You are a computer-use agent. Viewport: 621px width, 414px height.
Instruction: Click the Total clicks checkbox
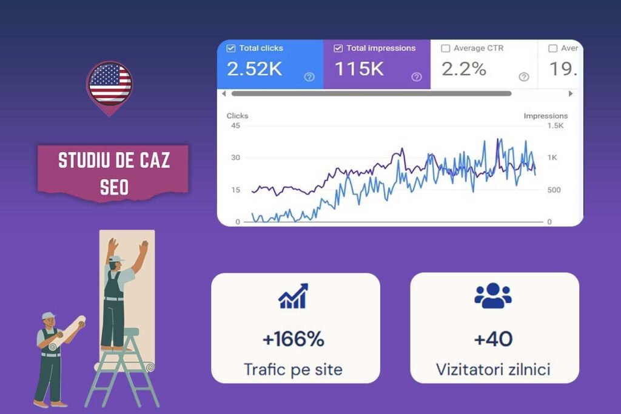coord(230,48)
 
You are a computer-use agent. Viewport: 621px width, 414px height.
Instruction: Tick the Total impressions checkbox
coord(338,48)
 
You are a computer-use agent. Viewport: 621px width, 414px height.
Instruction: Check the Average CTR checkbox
coord(446,48)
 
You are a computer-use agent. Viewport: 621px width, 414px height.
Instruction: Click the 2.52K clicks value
coord(255,69)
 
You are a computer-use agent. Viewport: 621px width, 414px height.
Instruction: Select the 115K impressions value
coord(359,69)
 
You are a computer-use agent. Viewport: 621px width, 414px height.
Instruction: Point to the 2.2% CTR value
coord(464,69)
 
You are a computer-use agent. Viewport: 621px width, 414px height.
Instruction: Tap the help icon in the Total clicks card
coord(309,77)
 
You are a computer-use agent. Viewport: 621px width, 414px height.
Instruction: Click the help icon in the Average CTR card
coord(524,77)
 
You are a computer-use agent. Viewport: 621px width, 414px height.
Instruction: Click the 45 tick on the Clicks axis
coord(236,126)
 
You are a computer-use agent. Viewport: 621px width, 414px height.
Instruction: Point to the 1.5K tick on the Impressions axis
coord(556,126)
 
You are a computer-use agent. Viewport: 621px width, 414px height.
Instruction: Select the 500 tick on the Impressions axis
coord(554,190)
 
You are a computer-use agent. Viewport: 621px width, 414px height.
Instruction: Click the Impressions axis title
coord(546,116)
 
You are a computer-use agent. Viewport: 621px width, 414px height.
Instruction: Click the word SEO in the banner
coord(114,187)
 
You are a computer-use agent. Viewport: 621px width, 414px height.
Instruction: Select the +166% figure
coord(294,339)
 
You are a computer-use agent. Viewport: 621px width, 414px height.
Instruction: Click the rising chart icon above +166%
coord(293,296)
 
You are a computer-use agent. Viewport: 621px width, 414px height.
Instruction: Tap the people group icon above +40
coord(493,295)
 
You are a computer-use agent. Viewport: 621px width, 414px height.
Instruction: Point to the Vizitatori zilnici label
coord(493,369)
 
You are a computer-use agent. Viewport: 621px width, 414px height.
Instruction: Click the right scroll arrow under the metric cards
coord(571,94)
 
